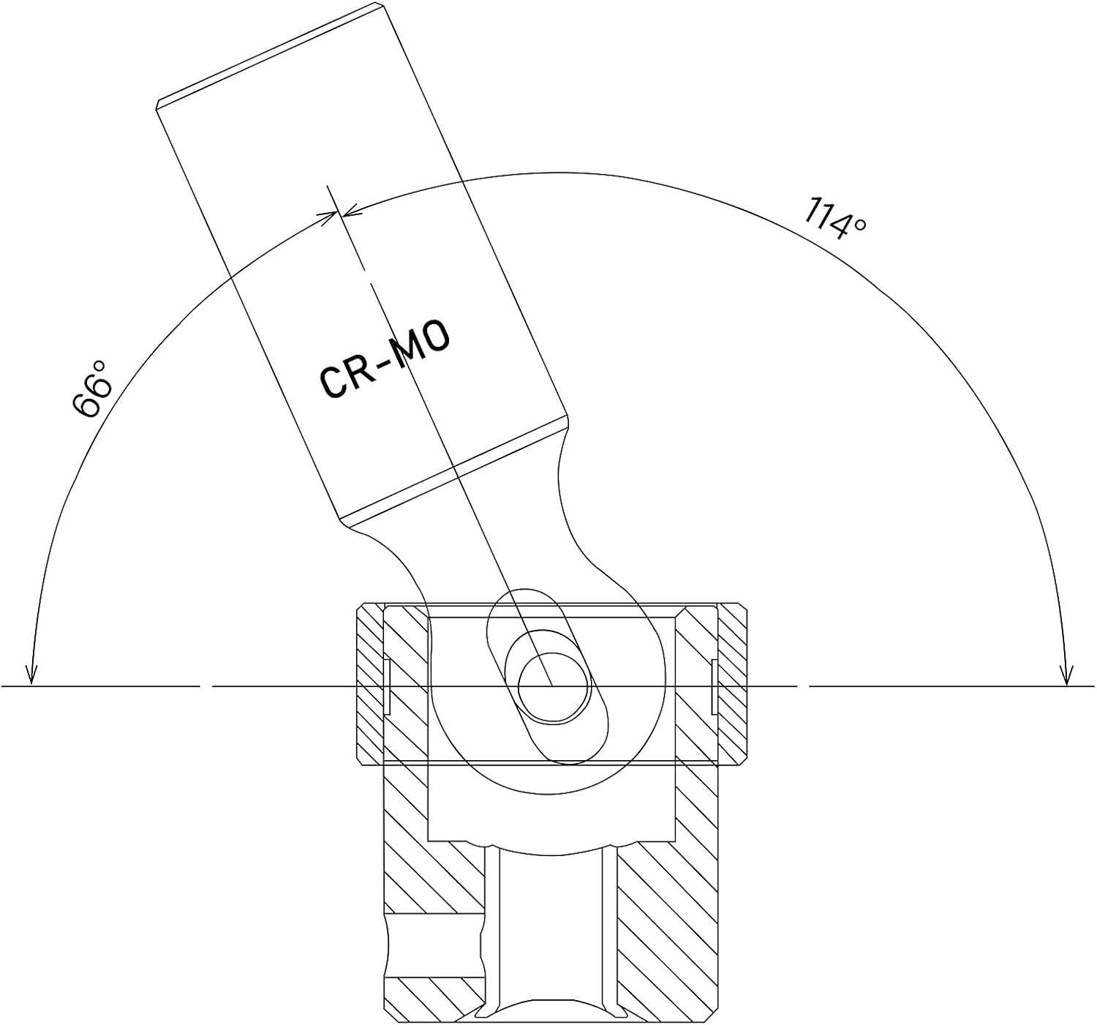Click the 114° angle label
click(834, 218)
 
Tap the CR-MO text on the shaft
click(385, 358)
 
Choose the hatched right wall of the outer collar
click(733, 684)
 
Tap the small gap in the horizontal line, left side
click(206, 686)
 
